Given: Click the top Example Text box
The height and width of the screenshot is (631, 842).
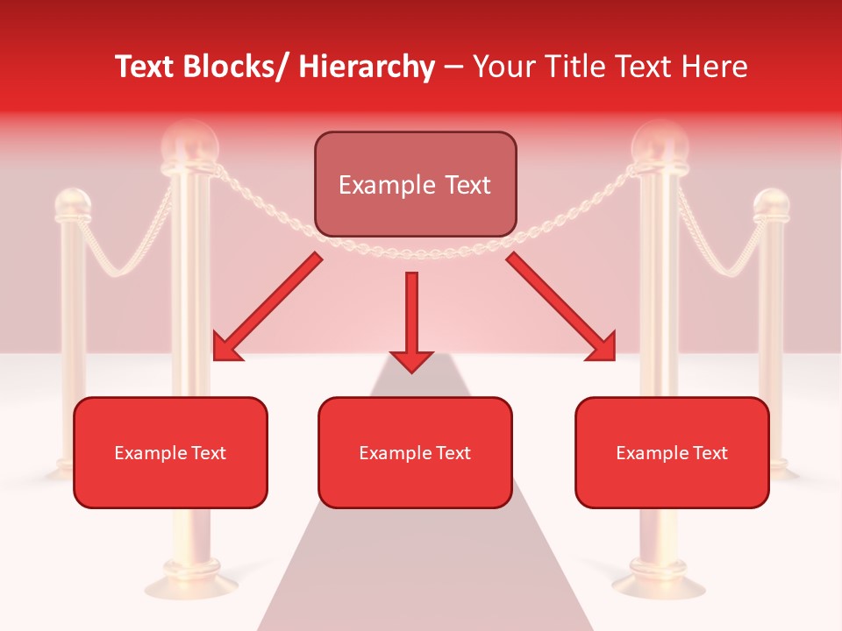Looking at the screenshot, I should point(415,184).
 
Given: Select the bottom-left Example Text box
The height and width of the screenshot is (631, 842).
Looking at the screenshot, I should point(170,452).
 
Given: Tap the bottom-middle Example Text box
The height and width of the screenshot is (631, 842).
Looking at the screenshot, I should point(415,452).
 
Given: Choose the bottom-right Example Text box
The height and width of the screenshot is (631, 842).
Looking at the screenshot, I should point(672,452).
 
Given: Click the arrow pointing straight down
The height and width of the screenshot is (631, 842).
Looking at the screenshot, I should point(411,320).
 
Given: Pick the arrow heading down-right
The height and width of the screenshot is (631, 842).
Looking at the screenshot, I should point(561,308).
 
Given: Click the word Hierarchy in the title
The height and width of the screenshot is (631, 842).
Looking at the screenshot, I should point(367,67).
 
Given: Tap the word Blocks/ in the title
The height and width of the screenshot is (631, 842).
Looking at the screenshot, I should point(232,67).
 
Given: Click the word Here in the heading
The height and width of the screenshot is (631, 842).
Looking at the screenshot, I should point(714,67).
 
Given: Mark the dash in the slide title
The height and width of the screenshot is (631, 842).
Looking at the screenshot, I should point(453,67).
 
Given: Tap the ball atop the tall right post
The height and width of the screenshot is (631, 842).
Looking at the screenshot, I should point(660,143).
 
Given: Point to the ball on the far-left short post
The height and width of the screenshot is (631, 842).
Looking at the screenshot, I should point(72,203).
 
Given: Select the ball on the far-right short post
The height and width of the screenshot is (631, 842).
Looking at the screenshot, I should point(772,203).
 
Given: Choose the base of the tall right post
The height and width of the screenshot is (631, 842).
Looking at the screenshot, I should point(659,583).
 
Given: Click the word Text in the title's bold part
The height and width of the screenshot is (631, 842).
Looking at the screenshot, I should point(143,67).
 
